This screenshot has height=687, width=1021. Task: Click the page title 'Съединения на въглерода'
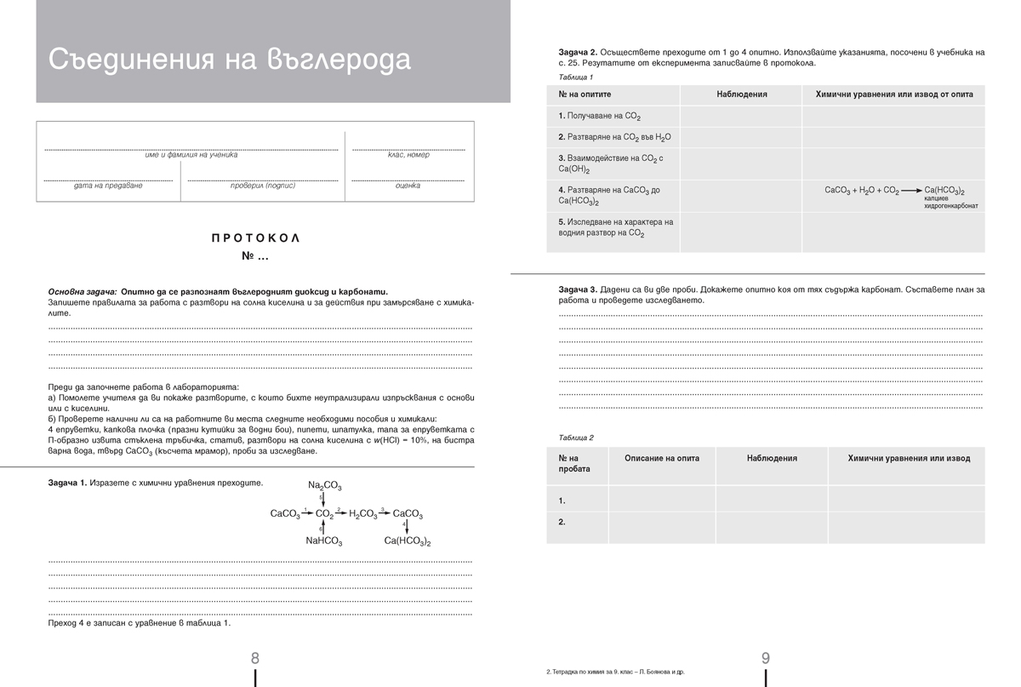coord(229,60)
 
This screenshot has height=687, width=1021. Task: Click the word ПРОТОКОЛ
coord(255,238)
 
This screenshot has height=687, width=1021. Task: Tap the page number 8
coord(255,657)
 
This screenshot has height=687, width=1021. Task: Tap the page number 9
coord(765,657)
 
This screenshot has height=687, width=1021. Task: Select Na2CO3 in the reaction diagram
coord(325,485)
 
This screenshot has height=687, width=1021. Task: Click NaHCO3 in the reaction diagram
coord(324,541)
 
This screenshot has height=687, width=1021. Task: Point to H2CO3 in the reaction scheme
coord(362,514)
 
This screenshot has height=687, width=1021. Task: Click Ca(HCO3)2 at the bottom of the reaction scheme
coord(407,541)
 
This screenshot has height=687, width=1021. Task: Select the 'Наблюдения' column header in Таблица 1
coord(741,94)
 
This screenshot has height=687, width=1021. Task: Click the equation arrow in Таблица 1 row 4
coord(911,191)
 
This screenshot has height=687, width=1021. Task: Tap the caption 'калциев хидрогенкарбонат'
coord(950,202)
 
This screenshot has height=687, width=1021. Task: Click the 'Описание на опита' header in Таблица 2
coord(661,458)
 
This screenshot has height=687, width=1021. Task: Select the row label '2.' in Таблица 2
coord(562,522)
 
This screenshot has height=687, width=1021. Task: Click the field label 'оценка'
coord(408,186)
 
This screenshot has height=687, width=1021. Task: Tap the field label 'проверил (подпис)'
coord(262,186)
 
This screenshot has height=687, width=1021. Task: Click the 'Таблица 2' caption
coord(576,438)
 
